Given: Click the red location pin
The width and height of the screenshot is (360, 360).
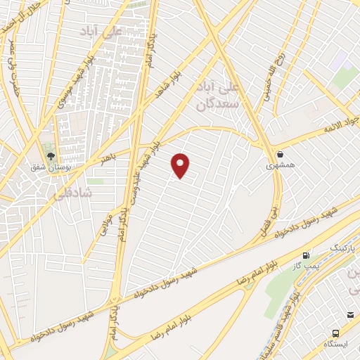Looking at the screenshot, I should click(x=181, y=165).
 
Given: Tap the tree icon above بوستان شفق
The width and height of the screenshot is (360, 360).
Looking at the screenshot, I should click(x=49, y=154).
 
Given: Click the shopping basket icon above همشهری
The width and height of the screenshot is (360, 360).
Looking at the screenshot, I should click(x=280, y=154).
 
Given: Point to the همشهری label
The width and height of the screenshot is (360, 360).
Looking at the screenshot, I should click(x=281, y=166).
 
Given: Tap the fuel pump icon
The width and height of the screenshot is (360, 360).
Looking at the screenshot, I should click(x=306, y=255).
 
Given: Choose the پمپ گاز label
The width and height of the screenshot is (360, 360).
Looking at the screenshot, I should click(x=307, y=266).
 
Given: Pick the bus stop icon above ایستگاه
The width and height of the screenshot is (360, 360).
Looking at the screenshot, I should click(x=336, y=333).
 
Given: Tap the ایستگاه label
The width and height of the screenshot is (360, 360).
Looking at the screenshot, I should click(x=337, y=345).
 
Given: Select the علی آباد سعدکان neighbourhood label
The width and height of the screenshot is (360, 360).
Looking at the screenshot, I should click(x=217, y=96).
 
